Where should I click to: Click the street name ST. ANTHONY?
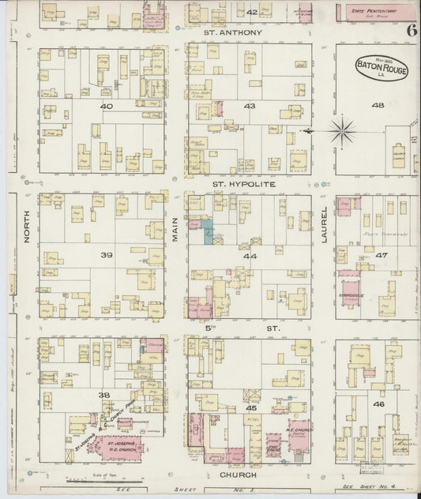[232, 32]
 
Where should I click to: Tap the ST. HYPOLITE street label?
[242, 182]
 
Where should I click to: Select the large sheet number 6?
[412, 31]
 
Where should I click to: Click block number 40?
[107, 106]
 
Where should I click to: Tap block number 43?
[250, 106]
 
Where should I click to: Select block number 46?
[378, 404]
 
